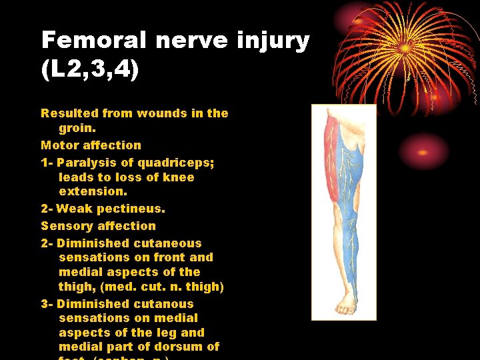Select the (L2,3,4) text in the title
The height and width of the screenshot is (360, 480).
[90, 70]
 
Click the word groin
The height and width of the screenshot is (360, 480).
[76, 128]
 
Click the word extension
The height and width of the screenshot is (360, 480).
[91, 191]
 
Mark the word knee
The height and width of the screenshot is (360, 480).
[179, 177]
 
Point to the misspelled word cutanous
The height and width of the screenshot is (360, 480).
[166, 304]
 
